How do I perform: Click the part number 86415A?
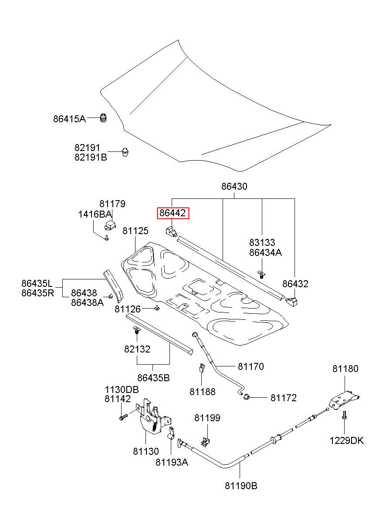[69, 119]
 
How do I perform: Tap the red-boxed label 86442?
[173, 213]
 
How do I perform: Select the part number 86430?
[234, 187]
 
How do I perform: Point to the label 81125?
[135, 231]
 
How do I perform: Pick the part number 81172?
[283, 398]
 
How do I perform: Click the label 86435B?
[153, 378]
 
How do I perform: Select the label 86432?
[295, 284]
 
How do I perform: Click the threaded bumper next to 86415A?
[103, 118]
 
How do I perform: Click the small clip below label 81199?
[205, 441]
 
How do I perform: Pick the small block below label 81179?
[110, 225]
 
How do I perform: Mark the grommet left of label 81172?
[246, 397]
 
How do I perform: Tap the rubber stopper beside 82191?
[125, 152]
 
